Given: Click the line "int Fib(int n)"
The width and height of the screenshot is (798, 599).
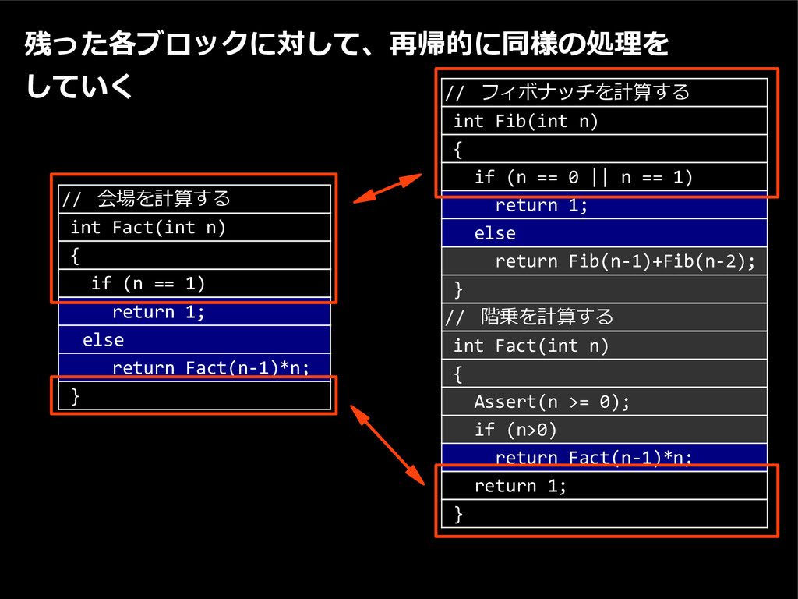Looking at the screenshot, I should (525, 121).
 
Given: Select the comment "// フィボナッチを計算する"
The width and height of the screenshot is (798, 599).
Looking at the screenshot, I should (567, 93).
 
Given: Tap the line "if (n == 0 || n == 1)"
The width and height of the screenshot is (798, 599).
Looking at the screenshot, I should (583, 177).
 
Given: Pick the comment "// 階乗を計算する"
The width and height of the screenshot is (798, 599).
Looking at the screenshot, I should (530, 317).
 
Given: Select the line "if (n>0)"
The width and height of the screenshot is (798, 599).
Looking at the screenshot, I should (515, 430).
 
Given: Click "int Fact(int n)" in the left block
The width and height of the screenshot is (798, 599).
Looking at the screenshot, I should (147, 227).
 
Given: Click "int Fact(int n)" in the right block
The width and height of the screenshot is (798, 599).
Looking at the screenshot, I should (531, 346).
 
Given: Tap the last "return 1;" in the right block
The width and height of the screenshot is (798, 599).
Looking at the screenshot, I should (521, 486).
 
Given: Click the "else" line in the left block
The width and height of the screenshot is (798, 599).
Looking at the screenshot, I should (103, 340).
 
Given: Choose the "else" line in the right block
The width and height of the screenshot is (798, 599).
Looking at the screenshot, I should (495, 233).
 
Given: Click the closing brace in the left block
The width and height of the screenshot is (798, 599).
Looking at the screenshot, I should (76, 396).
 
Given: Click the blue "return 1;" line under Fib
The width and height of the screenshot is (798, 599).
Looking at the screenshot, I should (541, 205).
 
